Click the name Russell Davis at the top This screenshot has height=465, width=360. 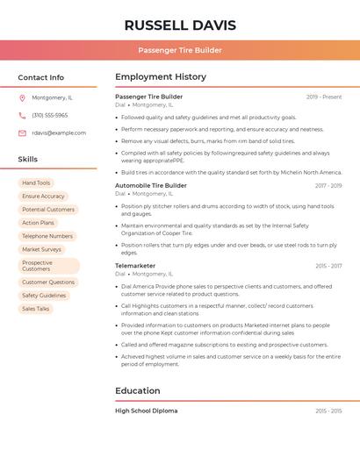click(180, 25)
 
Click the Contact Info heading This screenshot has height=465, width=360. click(41, 77)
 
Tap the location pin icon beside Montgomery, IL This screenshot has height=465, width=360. click(22, 98)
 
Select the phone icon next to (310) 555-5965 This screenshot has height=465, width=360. click(22, 116)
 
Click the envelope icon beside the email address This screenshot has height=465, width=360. click(22, 133)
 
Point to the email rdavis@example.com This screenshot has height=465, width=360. click(59, 133)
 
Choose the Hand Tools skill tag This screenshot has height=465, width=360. click(36, 183)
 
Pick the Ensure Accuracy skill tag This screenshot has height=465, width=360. click(43, 197)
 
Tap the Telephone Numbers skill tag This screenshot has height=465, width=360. click(47, 236)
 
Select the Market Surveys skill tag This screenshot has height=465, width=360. click(42, 249)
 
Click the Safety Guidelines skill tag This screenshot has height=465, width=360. click(44, 296)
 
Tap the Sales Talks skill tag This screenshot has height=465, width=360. click(36, 309)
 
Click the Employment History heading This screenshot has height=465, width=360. click(161, 77)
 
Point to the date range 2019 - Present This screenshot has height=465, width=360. click(324, 97)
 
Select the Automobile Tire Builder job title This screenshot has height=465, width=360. click(151, 186)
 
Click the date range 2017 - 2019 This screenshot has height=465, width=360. click(328, 186)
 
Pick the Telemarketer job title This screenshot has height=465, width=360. click(135, 266)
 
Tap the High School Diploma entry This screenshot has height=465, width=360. click(147, 411)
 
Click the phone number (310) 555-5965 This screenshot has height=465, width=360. click(50, 116)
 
